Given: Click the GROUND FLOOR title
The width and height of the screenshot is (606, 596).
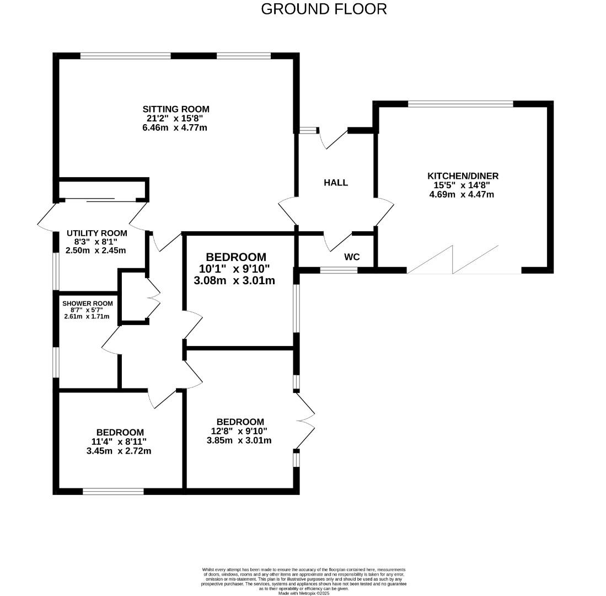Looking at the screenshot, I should (x=324, y=9).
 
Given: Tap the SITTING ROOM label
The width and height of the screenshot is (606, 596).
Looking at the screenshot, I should (x=176, y=109).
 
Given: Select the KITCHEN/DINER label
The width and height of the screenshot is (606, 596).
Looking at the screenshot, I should (x=463, y=176).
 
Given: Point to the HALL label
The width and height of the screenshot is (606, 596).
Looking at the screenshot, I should (x=335, y=183).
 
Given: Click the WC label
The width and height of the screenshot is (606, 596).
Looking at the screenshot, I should (x=352, y=257).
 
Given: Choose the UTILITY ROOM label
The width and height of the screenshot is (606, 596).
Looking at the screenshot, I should (x=96, y=233).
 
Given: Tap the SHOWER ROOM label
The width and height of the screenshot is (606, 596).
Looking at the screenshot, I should (x=87, y=304).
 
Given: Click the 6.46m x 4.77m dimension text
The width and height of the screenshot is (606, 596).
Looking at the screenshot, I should (x=174, y=127).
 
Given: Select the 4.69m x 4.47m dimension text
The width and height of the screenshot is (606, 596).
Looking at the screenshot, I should (x=462, y=194).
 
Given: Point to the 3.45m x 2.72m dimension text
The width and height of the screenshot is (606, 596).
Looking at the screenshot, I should (x=119, y=451).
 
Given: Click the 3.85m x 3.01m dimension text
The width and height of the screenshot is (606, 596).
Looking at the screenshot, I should (x=239, y=440).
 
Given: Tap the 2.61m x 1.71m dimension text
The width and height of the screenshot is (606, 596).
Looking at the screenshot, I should (x=87, y=317).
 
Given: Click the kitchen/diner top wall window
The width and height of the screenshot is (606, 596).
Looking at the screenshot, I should (x=460, y=104).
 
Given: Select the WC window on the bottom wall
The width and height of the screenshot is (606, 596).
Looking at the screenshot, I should (x=339, y=270).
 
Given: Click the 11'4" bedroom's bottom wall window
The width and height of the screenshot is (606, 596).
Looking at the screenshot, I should (x=113, y=491).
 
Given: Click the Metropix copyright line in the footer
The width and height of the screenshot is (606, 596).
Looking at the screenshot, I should (x=303, y=593).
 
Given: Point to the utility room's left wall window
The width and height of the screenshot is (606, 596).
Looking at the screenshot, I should (x=56, y=271).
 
